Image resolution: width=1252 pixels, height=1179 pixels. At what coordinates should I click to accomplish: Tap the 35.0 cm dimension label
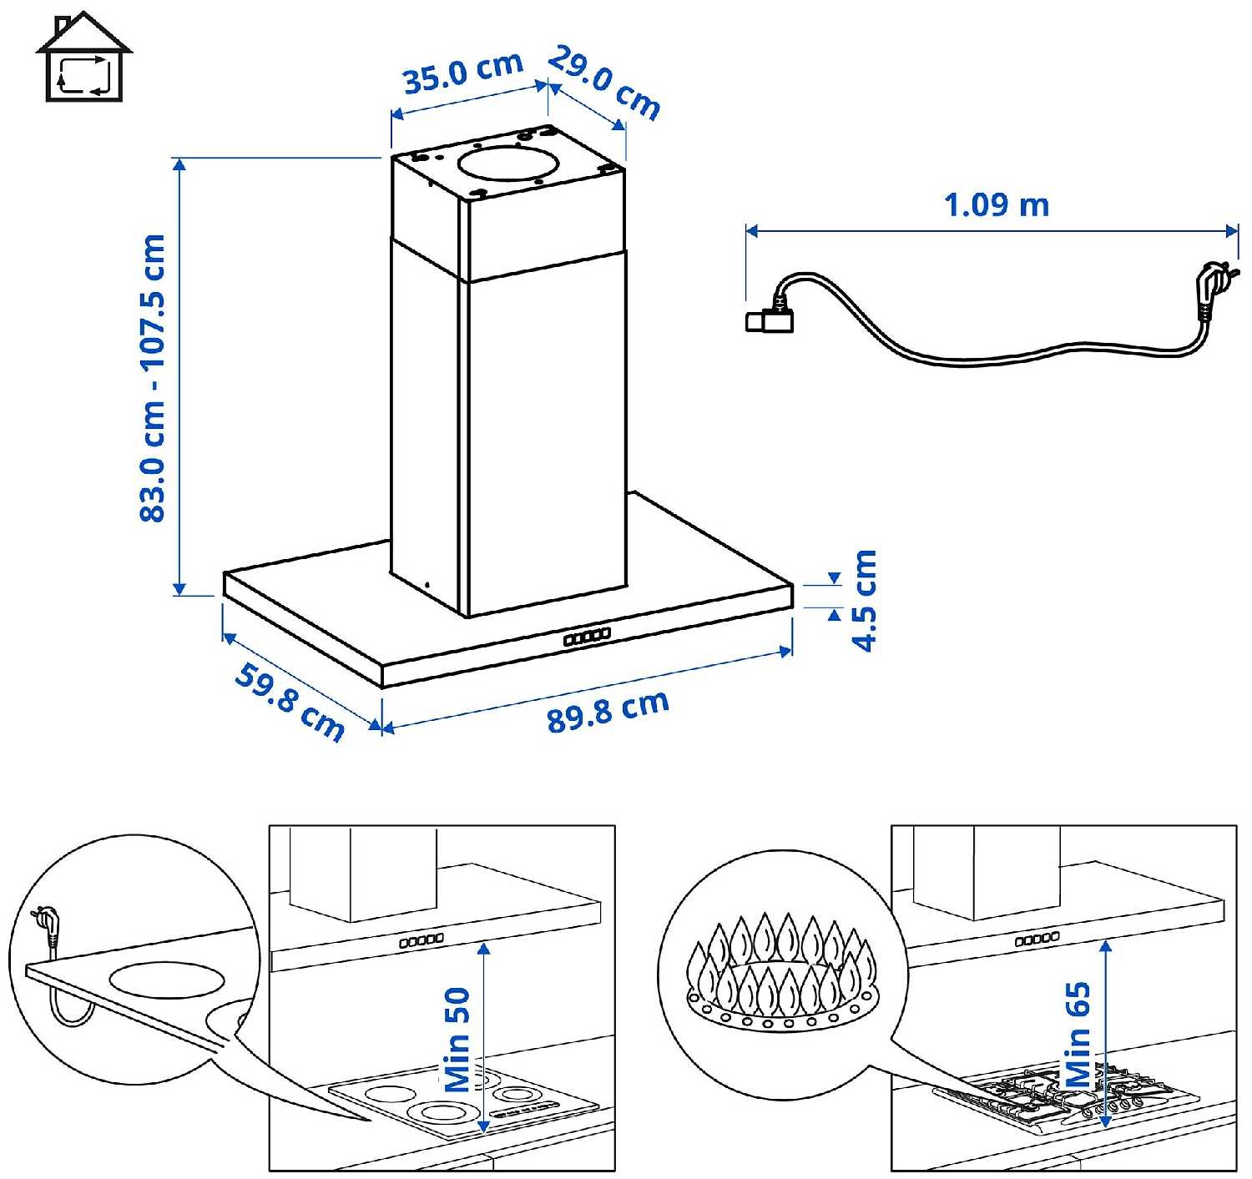(462, 73)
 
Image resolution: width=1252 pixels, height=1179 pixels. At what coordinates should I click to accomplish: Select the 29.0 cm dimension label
(603, 83)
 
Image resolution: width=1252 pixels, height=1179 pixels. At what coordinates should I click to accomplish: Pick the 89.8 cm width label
(608, 711)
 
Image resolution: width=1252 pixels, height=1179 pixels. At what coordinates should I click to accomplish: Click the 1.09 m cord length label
(996, 204)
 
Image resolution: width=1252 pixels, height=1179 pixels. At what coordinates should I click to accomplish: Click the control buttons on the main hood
(587, 637)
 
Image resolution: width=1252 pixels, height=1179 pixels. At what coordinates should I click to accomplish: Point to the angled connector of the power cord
(770, 317)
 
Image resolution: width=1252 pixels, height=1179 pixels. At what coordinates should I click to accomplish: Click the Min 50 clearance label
(458, 1039)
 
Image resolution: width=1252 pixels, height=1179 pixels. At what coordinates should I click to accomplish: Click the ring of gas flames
(782, 968)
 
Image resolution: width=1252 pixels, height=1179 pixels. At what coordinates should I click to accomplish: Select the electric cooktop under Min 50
(463, 1101)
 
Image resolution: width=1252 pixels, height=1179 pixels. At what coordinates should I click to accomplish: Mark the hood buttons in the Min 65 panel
(1037, 939)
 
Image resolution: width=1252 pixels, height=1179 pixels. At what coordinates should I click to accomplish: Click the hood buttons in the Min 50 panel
(422, 940)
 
